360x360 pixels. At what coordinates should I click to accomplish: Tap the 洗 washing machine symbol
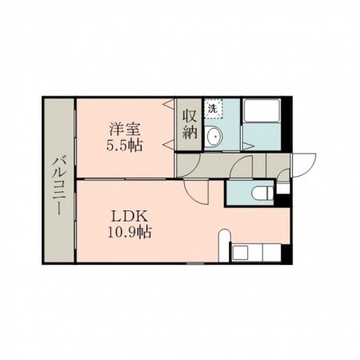tap(214, 108)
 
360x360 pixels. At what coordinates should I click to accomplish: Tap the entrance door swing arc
tap(301, 165)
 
